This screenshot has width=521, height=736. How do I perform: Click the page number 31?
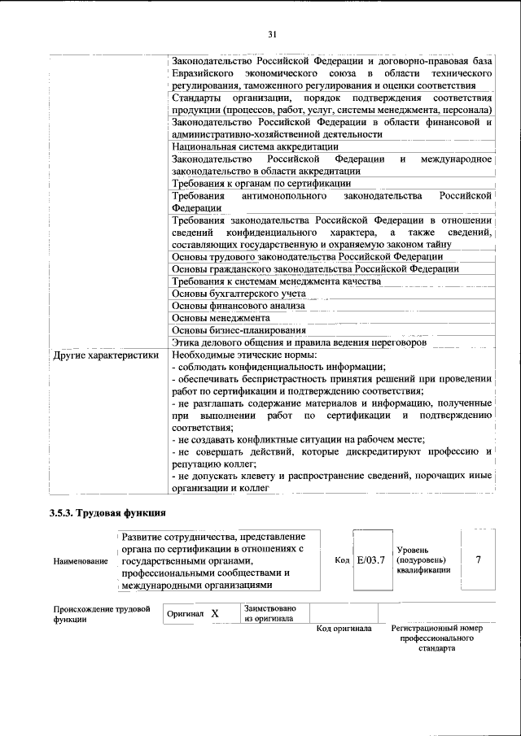(273, 34)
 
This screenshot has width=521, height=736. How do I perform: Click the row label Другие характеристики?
(106, 355)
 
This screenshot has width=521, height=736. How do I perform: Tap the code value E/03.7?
(370, 560)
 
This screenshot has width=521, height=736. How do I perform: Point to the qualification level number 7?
(479, 560)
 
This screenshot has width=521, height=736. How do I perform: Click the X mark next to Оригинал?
(215, 615)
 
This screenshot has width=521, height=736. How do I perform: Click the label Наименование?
(80, 561)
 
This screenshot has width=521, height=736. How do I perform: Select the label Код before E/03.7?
(342, 560)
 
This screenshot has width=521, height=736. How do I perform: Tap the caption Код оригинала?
(344, 629)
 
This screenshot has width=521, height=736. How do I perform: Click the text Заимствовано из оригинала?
(269, 613)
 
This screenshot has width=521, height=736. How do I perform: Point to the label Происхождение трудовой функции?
(102, 614)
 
